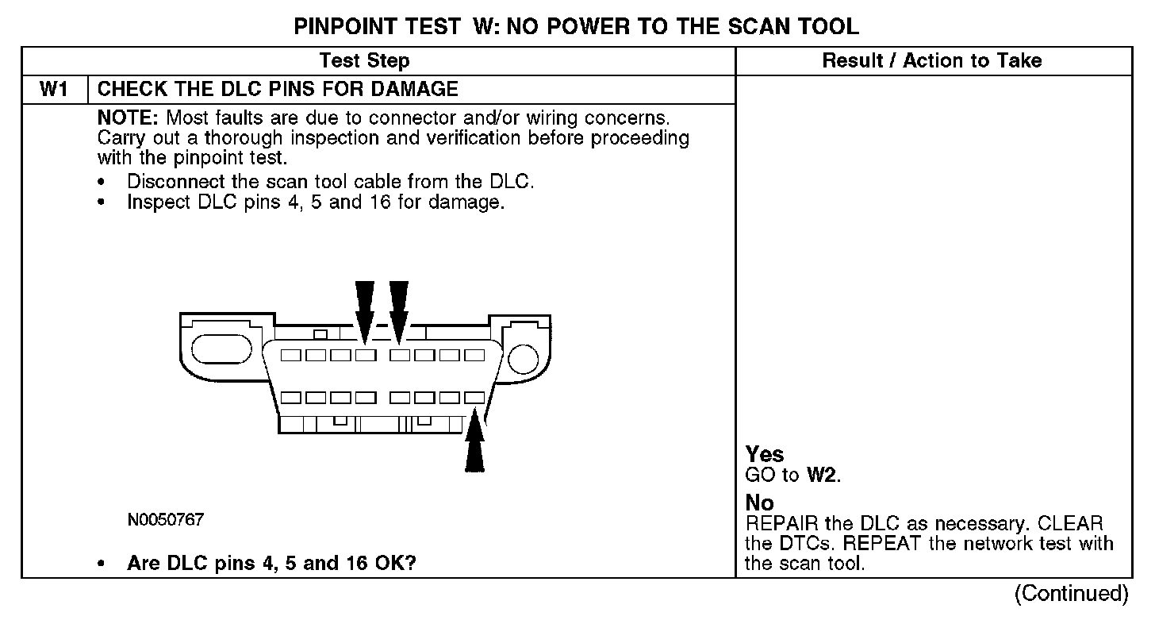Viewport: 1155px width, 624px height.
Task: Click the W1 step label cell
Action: [x=53, y=90]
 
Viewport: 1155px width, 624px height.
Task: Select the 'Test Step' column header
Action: [x=364, y=61]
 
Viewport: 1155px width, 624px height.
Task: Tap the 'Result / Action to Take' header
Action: [x=932, y=61]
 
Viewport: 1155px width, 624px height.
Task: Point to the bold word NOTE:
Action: [x=129, y=117]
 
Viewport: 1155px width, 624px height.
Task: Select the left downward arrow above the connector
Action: [x=364, y=310]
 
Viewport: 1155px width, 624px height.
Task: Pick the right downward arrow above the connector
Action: [x=399, y=310]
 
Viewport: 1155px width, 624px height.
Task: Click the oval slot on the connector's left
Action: [x=221, y=349]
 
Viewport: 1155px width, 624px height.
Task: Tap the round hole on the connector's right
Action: [x=523, y=360]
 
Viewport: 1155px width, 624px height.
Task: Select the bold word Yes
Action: [x=765, y=455]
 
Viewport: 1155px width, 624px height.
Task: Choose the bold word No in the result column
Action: [x=759, y=503]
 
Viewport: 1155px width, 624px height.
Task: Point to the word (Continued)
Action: [x=1070, y=594]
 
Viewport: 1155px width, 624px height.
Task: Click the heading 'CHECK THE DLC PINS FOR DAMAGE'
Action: [x=278, y=90]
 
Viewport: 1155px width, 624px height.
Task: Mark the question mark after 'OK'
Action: [x=412, y=564]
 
